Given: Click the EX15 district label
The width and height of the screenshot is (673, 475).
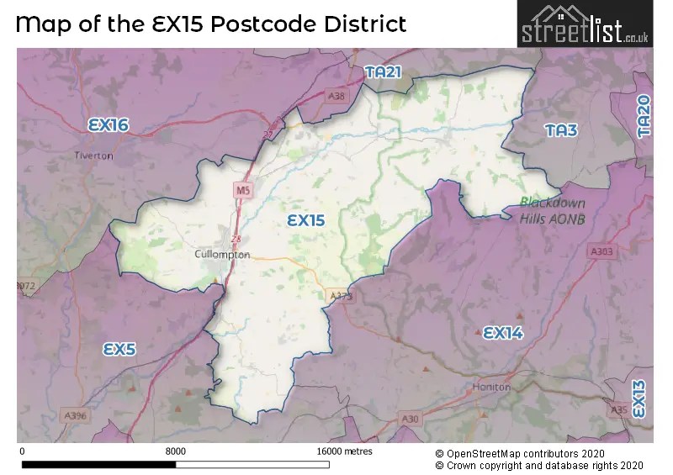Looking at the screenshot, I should pos(305,220).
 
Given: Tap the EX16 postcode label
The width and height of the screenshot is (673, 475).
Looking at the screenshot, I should pos(109,125).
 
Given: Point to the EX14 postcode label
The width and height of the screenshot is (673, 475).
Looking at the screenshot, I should pos(503,333).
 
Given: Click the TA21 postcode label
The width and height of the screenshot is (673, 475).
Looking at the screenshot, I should pos(384,73).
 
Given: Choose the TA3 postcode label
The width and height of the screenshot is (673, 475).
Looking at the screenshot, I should pos(560,130).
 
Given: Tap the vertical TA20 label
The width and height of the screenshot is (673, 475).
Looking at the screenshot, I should pos(644,116).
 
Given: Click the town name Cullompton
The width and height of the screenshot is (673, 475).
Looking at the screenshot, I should pos(222,254).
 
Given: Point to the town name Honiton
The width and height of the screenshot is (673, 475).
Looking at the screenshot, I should pos(492,387).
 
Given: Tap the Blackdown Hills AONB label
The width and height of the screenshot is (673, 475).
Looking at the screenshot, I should pos(552,210).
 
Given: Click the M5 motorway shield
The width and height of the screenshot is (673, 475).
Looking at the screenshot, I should pos(243,191).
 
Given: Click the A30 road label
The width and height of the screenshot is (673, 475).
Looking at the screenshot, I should pos(411,418).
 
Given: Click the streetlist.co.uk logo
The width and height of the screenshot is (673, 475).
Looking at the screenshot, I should pos(584,24).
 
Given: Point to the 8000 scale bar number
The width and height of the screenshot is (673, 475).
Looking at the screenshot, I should pos(175,451).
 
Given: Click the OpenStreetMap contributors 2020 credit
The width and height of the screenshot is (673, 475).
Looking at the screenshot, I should pos(539,452).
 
